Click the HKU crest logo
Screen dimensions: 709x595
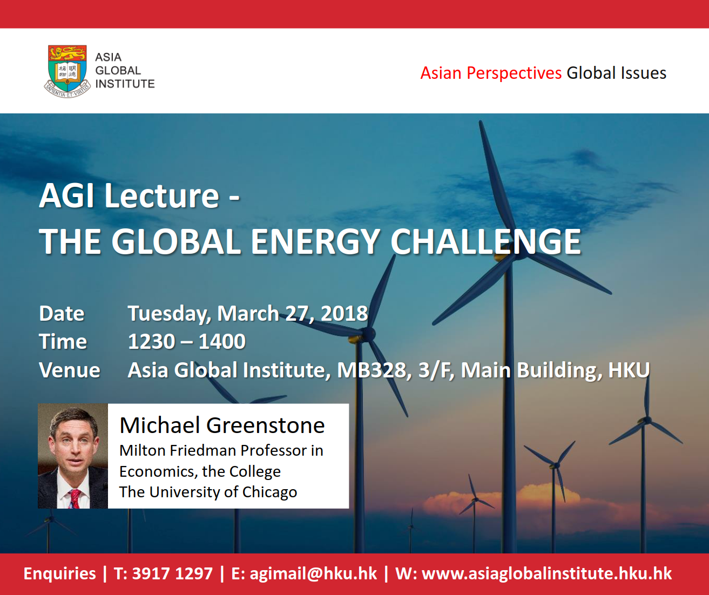click(x=67, y=71)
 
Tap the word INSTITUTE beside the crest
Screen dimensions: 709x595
click(x=125, y=84)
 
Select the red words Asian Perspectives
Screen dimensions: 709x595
click(x=491, y=73)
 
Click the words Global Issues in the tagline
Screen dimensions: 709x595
click(x=616, y=73)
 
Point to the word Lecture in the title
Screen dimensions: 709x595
click(x=162, y=196)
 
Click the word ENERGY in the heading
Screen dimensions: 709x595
click(x=315, y=241)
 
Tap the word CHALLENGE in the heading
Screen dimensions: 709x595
click(x=486, y=241)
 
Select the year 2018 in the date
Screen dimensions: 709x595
click(x=345, y=313)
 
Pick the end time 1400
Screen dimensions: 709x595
click(x=222, y=341)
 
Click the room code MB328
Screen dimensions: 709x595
click(x=372, y=370)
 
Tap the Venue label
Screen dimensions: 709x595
click(x=70, y=370)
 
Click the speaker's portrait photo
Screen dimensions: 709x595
click(x=73, y=456)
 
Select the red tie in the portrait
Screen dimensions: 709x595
click(x=75, y=498)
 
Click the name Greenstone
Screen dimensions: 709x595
click(x=266, y=425)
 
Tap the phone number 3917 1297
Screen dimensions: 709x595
click(x=172, y=573)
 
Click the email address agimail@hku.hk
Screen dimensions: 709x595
click(x=313, y=574)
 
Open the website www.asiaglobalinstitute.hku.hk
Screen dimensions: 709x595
click(x=546, y=573)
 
